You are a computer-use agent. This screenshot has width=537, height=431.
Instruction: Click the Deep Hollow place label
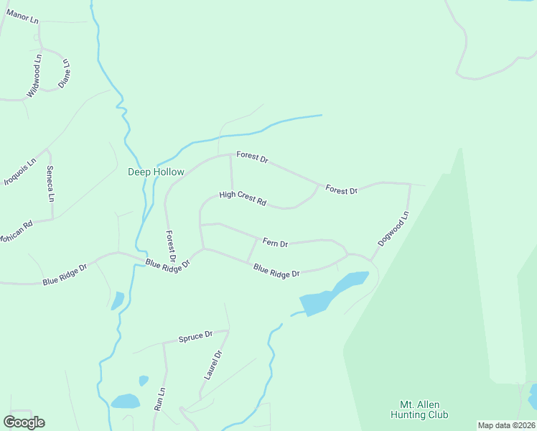click(x=156, y=172)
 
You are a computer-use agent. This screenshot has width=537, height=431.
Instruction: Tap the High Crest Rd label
click(x=243, y=198)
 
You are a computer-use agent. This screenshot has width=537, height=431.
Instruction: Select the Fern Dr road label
click(x=275, y=244)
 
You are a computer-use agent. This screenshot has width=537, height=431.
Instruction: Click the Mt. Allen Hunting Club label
click(x=419, y=409)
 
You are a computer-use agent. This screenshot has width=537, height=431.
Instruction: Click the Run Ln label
click(x=159, y=399)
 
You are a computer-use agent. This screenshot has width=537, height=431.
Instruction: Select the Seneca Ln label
click(x=50, y=183)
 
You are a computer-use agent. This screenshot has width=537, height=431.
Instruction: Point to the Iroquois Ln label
click(x=20, y=172)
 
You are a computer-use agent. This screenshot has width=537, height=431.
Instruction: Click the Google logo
click(x=24, y=422)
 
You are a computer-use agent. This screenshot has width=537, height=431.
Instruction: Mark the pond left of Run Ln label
click(x=126, y=401)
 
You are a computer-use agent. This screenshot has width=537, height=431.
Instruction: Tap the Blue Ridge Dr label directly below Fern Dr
click(x=276, y=271)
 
